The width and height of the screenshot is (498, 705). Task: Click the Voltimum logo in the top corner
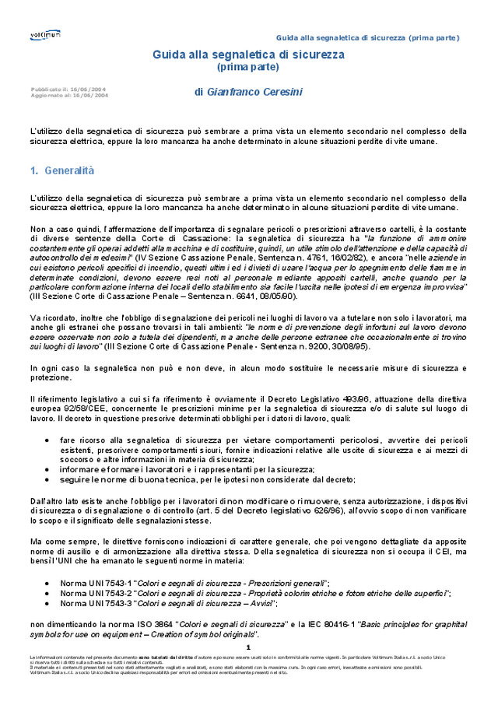pyautogui.click(x=42, y=36)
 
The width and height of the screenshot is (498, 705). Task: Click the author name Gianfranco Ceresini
pyautogui.click(x=254, y=92)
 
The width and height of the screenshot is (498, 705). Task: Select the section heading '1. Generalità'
pyautogui.click(x=62, y=170)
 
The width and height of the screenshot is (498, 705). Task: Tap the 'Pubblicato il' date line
pyautogui.click(x=69, y=89)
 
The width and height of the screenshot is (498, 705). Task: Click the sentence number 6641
pyautogui.click(x=252, y=296)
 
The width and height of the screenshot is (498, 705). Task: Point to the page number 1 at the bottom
pyautogui.click(x=248, y=647)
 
